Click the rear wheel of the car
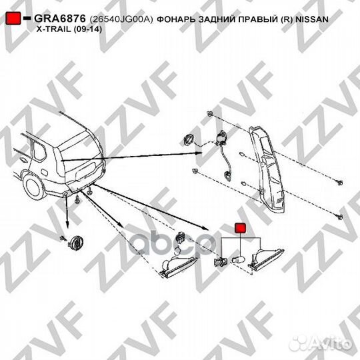click(x=33, y=183)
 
